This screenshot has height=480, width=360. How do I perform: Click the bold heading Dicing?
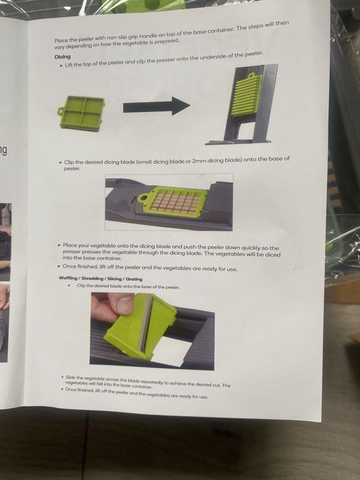(x=62, y=57)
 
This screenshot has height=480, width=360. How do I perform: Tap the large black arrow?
(x=156, y=106)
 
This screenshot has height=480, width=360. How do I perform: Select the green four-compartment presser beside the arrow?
(x=81, y=114)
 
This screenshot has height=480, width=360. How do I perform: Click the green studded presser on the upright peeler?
(x=247, y=95)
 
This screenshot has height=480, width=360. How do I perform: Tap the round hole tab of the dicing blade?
(x=143, y=197)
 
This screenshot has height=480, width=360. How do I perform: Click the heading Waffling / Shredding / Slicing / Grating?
(x=100, y=278)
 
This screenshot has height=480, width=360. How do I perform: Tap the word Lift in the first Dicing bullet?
(x=69, y=65)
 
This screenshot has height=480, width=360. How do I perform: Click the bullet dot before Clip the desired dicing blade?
(x=60, y=162)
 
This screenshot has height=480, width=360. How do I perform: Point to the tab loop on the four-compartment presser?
(x=60, y=111)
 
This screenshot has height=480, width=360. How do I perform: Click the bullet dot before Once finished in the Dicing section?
(x=59, y=266)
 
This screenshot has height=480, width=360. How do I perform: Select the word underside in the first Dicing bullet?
(x=212, y=57)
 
